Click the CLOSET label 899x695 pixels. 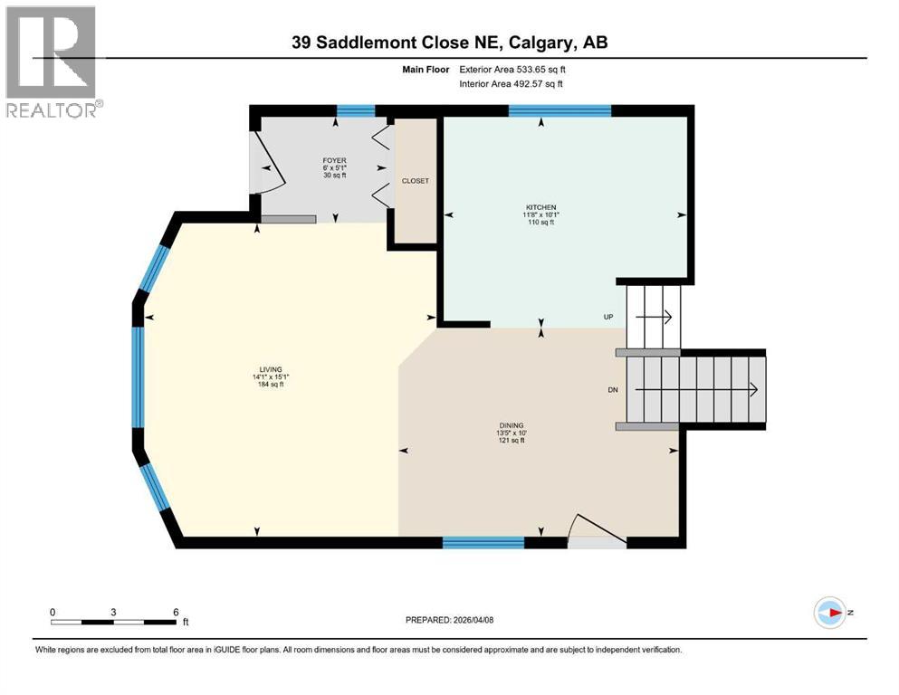click(x=416, y=180)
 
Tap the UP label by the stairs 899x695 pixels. click(x=609, y=317)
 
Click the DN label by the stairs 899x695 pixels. click(x=613, y=389)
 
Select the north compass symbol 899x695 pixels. click(x=830, y=613)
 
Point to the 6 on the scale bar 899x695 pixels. click(x=175, y=612)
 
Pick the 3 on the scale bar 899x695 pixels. click(x=113, y=612)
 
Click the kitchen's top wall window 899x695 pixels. click(x=559, y=111)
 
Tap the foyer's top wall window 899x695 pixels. click(x=356, y=111)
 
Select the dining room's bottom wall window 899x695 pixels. click(x=483, y=542)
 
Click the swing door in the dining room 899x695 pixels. click(x=593, y=530)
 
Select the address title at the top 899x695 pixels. click(x=449, y=42)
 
